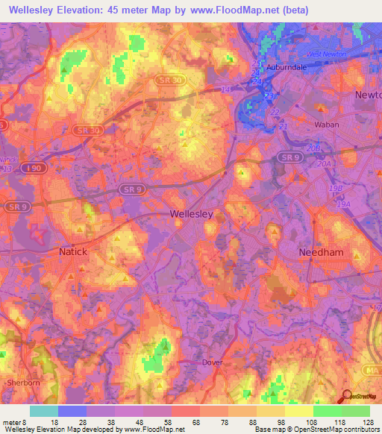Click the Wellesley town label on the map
pyautogui.click(x=192, y=213)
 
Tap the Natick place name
pyautogui.click(x=73, y=252)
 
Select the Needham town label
pyautogui.click(x=321, y=253)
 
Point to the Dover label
pyautogui.click(x=213, y=362)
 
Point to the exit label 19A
pyautogui.click(x=343, y=204)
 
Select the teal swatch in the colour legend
pyautogui.click(x=44, y=411)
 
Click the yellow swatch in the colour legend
pyautogui.click(x=299, y=411)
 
